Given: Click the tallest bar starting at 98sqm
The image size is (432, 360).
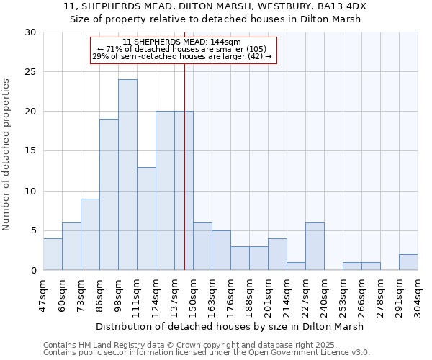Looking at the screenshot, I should pyautogui.click(x=127, y=175).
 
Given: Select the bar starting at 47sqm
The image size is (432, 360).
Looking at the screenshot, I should pyautogui.click(x=53, y=254).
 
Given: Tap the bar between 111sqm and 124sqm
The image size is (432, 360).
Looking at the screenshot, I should pyautogui.click(x=146, y=219).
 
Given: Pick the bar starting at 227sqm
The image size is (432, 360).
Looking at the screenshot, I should pyautogui.click(x=315, y=246).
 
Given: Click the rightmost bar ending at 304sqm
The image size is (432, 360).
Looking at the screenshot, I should pyautogui.click(x=408, y=262).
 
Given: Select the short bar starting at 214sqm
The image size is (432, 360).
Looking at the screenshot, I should pyautogui.click(x=296, y=266).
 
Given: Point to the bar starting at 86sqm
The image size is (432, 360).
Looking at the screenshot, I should pyautogui.click(x=109, y=194).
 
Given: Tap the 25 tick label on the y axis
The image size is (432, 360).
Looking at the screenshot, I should pyautogui.click(x=30, y=72).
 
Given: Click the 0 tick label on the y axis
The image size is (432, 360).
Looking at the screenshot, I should pyautogui.click(x=33, y=271).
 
